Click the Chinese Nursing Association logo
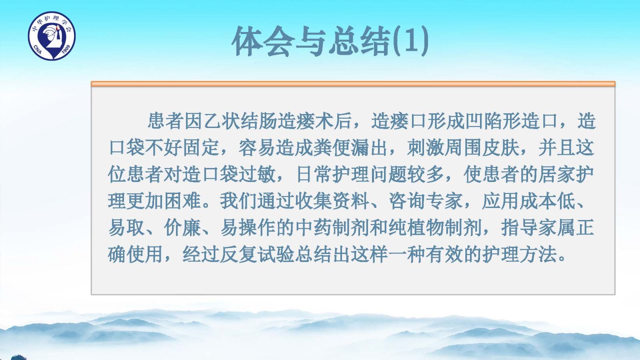52,36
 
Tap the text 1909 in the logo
66,50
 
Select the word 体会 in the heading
263,41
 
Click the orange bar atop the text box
353,84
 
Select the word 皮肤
500,148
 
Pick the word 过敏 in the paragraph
257,174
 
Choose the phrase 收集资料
332,201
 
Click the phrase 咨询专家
426,201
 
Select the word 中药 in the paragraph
313,228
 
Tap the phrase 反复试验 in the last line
257,254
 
